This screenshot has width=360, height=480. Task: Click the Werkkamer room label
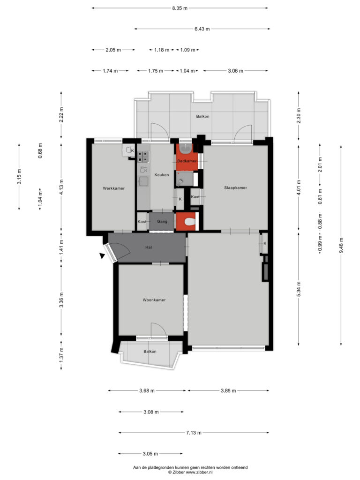click(x=113, y=188)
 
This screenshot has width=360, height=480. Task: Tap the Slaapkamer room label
click(x=235, y=187)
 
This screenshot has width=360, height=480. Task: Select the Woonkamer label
click(x=154, y=300)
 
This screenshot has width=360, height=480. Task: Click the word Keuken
click(x=162, y=175)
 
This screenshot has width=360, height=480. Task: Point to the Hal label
click(x=149, y=247)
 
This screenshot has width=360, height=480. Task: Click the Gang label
click(x=162, y=221)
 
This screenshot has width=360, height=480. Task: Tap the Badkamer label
click(x=187, y=161)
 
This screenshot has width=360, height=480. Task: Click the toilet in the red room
click(x=190, y=221)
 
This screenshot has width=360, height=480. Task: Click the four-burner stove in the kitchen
click(x=143, y=157)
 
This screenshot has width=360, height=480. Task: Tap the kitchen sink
click(x=143, y=181)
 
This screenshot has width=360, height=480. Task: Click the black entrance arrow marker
click(x=102, y=255)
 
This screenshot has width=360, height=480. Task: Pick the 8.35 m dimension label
click(x=180, y=8)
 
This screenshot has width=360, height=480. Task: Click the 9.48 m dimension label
click(x=341, y=245)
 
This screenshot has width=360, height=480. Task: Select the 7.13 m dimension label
click(x=194, y=433)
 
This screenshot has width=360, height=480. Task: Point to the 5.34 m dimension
click(x=299, y=289)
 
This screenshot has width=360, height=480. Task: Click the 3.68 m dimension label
click(x=147, y=390)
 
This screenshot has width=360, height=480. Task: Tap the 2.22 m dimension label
click(x=61, y=115)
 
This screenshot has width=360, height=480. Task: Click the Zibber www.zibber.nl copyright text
click(x=190, y=472)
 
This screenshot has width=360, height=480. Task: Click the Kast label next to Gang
click(x=142, y=222)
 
